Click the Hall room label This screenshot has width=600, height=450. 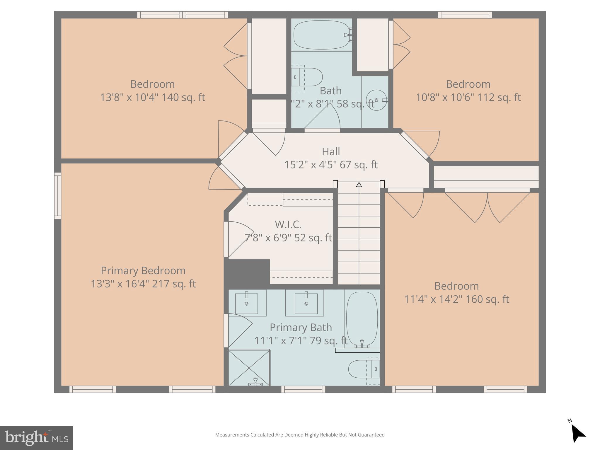(x=331, y=152)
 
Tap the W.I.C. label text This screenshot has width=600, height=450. (x=288, y=225)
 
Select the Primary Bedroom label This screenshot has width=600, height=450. (x=143, y=271)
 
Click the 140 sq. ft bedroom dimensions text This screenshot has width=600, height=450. (x=152, y=97)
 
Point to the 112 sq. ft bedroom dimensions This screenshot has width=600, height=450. (x=468, y=97)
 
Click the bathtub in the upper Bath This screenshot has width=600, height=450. (x=321, y=35)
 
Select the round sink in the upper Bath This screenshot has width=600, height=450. (x=376, y=100)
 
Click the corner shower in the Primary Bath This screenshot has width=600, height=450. (x=249, y=368)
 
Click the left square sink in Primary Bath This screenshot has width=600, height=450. (x=246, y=304)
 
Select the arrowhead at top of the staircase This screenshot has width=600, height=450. (x=359, y=184)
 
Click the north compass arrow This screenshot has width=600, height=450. (x=578, y=435)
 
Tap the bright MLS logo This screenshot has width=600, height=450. (x=36, y=438)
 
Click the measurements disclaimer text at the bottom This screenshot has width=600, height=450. (x=300, y=435)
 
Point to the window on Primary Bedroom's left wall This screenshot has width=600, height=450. (x=58, y=196)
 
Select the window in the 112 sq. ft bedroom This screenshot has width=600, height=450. (x=465, y=15)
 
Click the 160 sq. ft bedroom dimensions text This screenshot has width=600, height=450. (x=456, y=299)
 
